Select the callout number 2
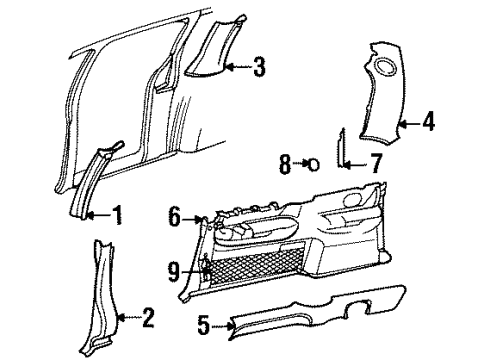pos(148,319)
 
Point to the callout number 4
pos(428,123)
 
